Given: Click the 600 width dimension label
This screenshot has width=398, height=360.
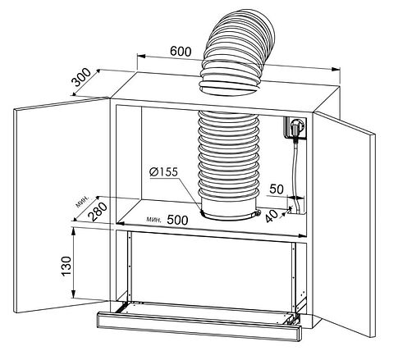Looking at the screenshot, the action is click(x=181, y=52).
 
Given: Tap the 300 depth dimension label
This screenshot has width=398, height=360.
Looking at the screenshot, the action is click(x=81, y=77).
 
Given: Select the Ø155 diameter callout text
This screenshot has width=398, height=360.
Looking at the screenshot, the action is click(x=163, y=171).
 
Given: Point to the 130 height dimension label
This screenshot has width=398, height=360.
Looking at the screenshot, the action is click(x=66, y=266).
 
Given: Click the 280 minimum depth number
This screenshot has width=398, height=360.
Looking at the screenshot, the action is click(x=98, y=212).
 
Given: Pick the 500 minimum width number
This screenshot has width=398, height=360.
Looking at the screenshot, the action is click(x=177, y=220).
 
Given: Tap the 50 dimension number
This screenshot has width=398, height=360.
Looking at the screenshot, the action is click(x=277, y=189).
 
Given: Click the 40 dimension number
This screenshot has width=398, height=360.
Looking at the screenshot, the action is click(x=272, y=216).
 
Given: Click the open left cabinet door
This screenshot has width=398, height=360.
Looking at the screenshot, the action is click(x=62, y=205).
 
